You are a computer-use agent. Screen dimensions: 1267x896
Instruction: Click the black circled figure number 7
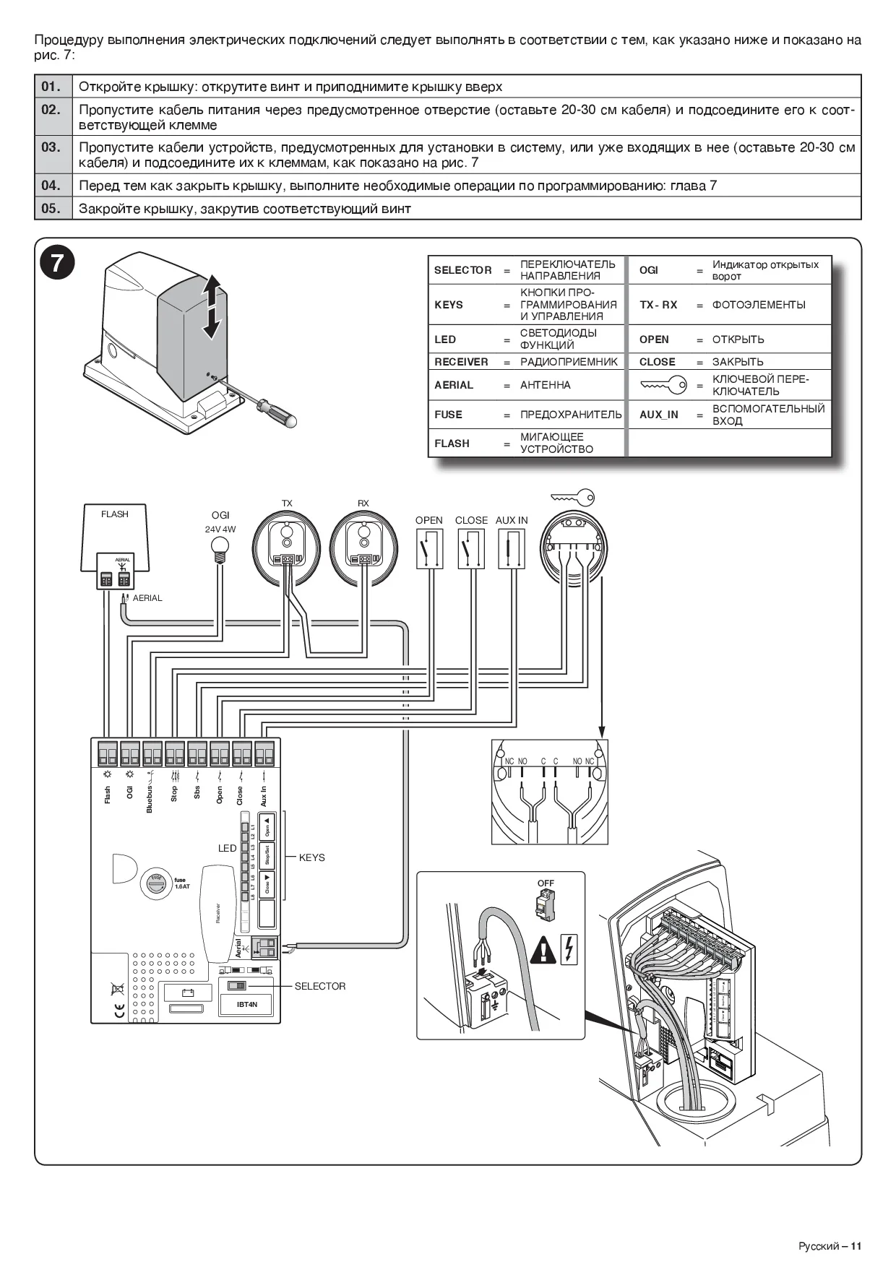click(56, 263)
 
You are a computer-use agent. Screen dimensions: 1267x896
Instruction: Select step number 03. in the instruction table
click(51, 148)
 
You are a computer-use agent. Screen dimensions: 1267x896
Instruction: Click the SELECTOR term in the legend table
click(462, 270)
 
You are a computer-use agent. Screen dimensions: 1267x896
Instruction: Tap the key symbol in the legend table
click(663, 386)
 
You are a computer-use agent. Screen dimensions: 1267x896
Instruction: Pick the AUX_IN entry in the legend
click(658, 415)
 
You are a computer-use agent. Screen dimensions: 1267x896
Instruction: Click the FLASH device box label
click(115, 514)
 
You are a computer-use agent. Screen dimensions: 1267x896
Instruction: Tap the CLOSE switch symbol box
click(471, 548)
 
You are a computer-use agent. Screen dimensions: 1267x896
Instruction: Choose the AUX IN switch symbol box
click(512, 548)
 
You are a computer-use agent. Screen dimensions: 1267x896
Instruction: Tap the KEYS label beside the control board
click(311, 857)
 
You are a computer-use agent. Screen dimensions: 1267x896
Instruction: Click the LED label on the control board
click(227, 848)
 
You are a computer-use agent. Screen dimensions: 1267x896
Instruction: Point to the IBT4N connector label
click(247, 1005)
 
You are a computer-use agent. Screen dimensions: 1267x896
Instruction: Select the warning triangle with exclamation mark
click(543, 950)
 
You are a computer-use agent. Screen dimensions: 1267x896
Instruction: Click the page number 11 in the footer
click(856, 1246)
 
